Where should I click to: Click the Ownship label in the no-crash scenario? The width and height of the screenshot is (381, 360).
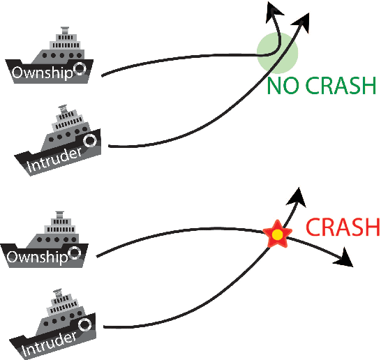(40, 73)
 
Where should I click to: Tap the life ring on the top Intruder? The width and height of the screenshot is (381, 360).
(90, 140)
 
